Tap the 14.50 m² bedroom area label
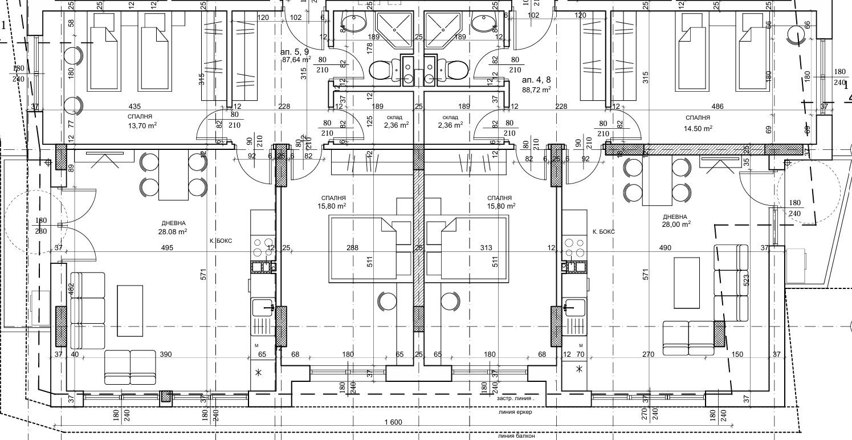[x=700, y=128]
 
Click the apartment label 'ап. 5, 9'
[x=295, y=51]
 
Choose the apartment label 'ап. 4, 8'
[x=536, y=80]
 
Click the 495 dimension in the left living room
[x=167, y=248]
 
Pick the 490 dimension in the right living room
[x=665, y=248]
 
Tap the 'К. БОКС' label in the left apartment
[x=221, y=241]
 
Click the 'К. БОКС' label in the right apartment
[x=604, y=232]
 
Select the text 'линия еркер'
[x=515, y=412]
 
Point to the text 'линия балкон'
[x=516, y=437]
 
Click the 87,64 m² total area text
[x=296, y=59]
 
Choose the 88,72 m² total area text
[x=537, y=89]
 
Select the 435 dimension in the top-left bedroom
[x=135, y=107]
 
